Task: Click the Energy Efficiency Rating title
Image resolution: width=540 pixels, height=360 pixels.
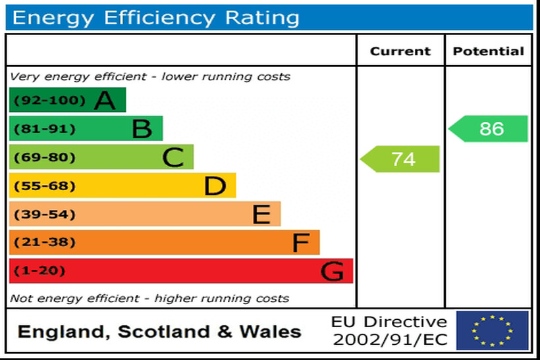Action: [155, 18]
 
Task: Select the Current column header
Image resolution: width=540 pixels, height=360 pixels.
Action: [400, 51]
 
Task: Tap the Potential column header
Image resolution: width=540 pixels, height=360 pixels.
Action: [489, 51]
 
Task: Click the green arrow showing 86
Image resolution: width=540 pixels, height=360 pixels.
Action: [490, 129]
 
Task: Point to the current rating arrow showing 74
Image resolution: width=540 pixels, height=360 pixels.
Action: [402, 159]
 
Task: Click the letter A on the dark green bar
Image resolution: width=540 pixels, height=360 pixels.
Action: [105, 101]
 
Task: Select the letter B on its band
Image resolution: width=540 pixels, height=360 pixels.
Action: [142, 129]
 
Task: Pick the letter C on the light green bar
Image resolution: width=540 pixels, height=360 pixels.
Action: [173, 158]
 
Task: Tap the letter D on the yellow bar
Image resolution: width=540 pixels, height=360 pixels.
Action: [215, 186]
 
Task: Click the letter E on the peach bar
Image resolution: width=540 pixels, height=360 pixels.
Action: [261, 215]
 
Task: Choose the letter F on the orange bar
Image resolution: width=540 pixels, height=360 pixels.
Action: [300, 243]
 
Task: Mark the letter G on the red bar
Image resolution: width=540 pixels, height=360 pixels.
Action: [333, 271]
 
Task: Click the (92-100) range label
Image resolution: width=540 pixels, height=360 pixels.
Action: [41, 101]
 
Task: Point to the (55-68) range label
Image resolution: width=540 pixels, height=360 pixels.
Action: [40, 186]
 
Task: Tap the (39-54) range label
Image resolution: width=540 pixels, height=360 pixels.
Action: [40, 215]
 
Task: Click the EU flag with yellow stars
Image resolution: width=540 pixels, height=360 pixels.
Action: [492, 330]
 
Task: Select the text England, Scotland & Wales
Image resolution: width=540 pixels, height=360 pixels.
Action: [159, 332]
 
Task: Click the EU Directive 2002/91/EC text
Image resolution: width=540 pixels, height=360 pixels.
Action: [389, 330]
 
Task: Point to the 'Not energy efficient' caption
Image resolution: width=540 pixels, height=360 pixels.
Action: [149, 298]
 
